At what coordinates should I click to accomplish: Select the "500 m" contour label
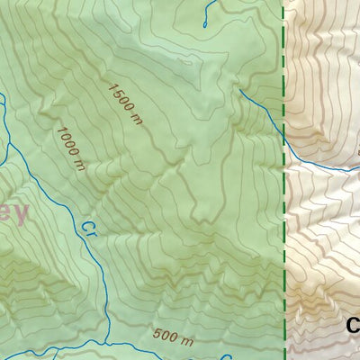point(173,339)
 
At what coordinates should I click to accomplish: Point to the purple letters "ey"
point(14,214)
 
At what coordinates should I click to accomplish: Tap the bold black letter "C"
point(353,326)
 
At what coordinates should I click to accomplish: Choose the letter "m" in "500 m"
point(185,341)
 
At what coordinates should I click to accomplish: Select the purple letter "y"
point(22,216)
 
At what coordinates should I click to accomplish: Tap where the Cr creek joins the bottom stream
point(106,342)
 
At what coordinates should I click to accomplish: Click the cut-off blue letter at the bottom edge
point(226,356)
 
